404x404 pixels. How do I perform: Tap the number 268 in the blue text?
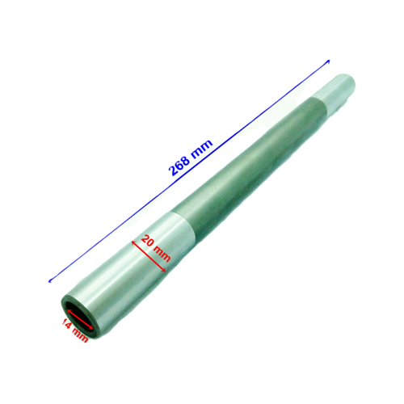tap(180, 165)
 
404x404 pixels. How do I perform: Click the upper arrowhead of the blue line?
tap(328, 61)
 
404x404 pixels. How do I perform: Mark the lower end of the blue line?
tap(50, 280)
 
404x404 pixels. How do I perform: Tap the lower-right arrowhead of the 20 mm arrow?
tap(170, 267)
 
